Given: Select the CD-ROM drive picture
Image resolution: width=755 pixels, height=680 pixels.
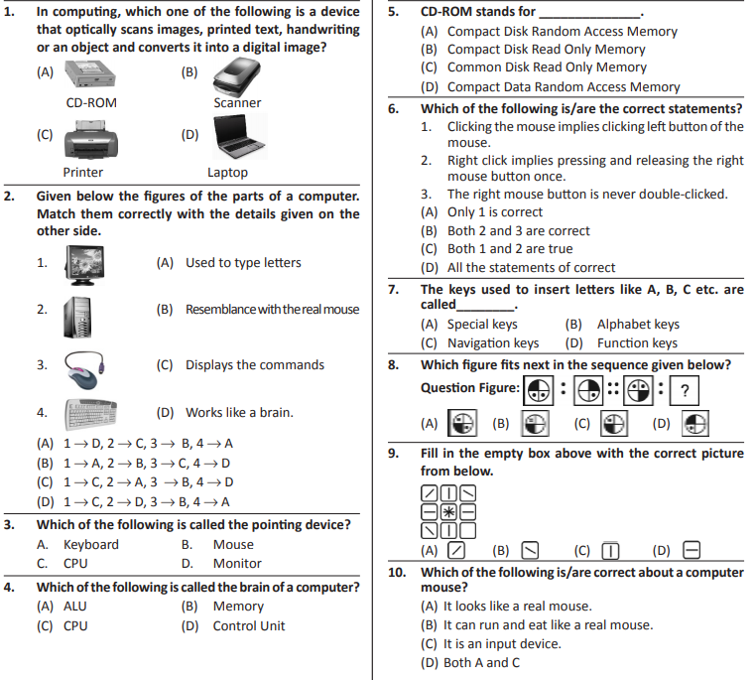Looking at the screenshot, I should [x=92, y=75].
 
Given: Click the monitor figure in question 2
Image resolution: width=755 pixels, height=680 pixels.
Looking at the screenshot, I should [x=85, y=264].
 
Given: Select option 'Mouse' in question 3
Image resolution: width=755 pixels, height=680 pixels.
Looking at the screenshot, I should [x=233, y=544].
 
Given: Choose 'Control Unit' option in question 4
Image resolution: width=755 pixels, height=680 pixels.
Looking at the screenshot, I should [x=248, y=625].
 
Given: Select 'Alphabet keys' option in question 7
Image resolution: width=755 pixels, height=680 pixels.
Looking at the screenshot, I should [x=637, y=324].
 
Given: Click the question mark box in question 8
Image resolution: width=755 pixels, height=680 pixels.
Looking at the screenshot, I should [x=684, y=388].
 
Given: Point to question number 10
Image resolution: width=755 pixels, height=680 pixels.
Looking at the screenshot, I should [x=397, y=573].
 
